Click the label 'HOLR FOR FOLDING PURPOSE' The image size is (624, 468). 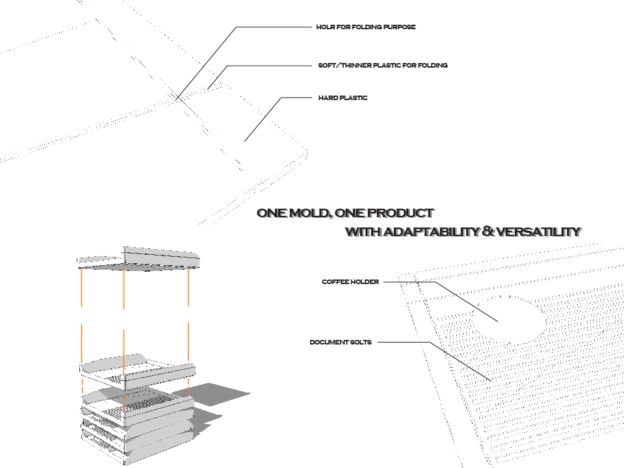365,27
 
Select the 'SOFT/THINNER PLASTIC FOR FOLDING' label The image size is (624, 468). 383,66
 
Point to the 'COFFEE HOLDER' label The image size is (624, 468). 350,282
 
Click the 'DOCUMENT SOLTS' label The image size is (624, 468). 341,343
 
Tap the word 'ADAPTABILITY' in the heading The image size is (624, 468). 430,232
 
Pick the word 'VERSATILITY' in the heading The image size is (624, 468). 538,232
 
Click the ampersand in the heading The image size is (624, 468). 489,232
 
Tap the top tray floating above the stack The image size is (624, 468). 138,258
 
